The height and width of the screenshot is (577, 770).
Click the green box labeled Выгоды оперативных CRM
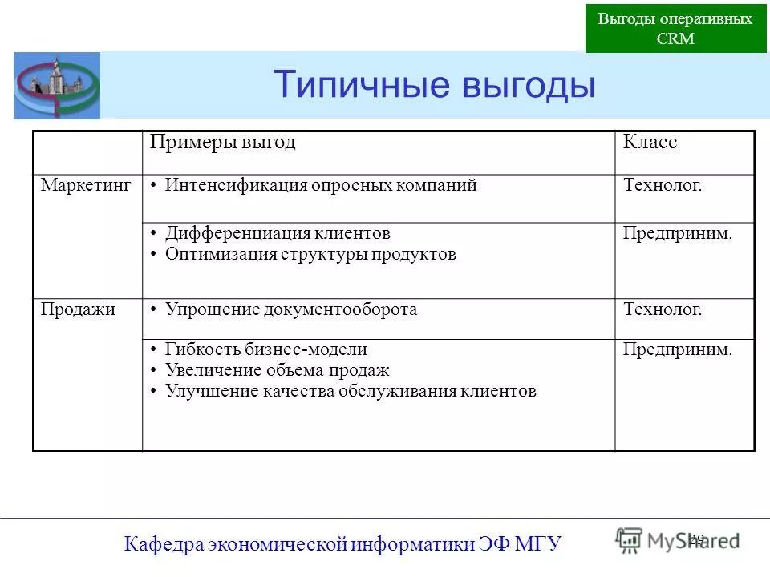pos(675,29)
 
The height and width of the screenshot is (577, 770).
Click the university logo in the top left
pos(57,86)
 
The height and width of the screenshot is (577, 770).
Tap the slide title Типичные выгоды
pos(434,84)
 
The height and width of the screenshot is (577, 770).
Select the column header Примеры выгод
pos(223,143)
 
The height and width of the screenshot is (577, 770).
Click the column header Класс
pos(650,143)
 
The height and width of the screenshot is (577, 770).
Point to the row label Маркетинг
pos(86,185)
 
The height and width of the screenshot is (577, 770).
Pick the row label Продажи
pos(78,309)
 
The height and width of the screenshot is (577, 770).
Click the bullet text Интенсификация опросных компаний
pos(321,185)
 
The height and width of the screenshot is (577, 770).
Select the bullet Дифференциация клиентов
pos(278,233)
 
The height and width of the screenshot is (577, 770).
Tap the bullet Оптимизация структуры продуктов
pos(310,254)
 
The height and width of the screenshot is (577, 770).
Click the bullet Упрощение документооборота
pos(291,309)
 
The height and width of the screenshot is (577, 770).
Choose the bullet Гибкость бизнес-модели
pos(265,349)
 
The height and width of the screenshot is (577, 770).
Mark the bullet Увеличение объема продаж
pos(277,370)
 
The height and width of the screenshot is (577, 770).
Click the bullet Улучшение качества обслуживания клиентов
pos(351,391)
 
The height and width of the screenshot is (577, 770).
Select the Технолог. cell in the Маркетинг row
pos(663,185)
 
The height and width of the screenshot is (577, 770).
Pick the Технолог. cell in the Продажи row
pos(663,309)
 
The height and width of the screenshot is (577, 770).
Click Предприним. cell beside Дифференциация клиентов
pos(678,233)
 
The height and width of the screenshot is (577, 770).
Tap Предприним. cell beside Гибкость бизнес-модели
pos(678,349)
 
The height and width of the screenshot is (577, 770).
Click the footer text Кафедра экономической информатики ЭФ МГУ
pos(343,544)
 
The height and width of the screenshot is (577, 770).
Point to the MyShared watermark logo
pos(678,540)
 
